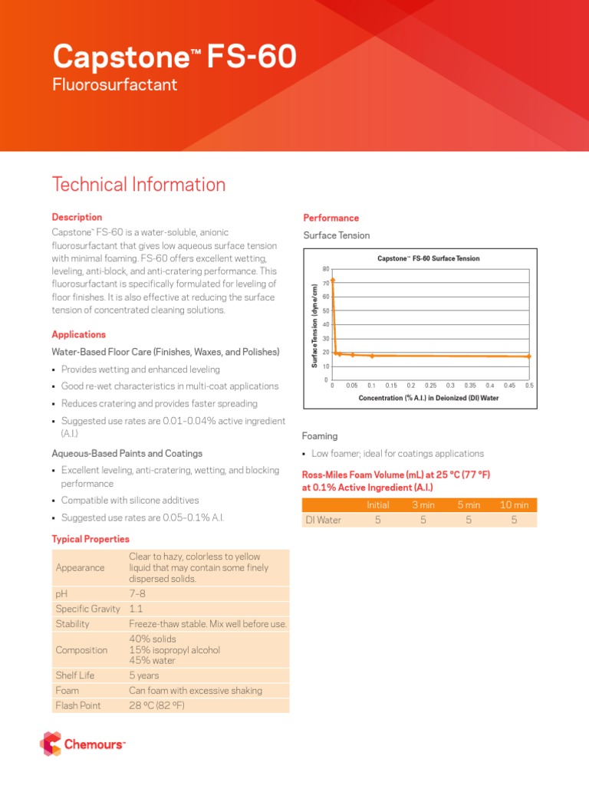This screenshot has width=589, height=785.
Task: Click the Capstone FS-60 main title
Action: click(x=174, y=57)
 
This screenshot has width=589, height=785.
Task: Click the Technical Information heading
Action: click(x=138, y=185)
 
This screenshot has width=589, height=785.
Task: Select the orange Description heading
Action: click(x=77, y=218)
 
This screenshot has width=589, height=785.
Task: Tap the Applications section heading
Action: click(x=78, y=335)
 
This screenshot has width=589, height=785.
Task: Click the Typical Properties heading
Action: click(x=90, y=540)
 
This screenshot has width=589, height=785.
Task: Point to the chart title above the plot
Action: click(x=428, y=258)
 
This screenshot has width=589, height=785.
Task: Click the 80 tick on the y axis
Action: click(x=325, y=269)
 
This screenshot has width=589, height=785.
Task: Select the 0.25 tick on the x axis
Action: click(x=430, y=386)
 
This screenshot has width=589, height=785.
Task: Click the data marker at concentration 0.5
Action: click(x=528, y=356)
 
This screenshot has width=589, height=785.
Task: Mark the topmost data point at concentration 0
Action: click(x=333, y=281)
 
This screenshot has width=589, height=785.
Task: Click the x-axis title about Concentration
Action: click(x=428, y=398)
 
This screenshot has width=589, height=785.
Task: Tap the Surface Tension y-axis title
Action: click(x=314, y=325)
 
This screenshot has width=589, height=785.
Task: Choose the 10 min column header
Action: click(x=514, y=505)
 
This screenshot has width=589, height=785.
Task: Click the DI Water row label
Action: click(x=322, y=520)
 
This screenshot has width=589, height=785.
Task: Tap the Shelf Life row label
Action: click(x=75, y=676)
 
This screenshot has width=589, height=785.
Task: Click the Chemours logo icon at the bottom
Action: click(x=51, y=744)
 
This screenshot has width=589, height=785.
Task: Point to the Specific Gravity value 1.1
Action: click(x=136, y=609)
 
